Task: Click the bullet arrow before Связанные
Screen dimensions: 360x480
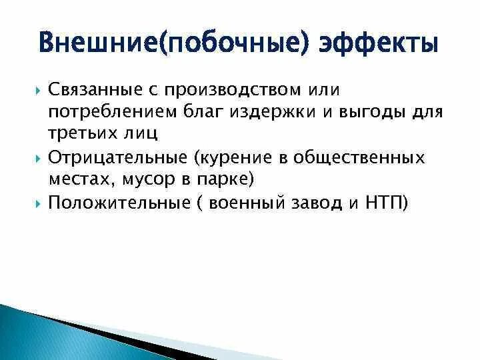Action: tap(37, 89)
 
